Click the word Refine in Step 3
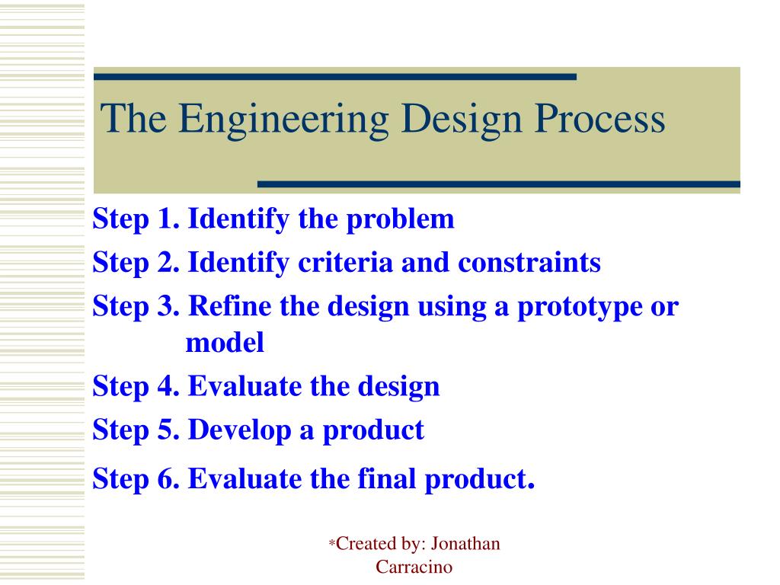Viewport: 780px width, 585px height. [x=229, y=307]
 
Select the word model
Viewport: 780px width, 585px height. [x=225, y=344]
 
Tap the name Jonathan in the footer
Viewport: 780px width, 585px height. [x=465, y=544]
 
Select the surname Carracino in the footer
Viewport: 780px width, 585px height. [x=414, y=567]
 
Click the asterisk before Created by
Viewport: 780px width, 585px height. [x=332, y=543]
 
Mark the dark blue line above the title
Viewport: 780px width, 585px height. [x=334, y=76]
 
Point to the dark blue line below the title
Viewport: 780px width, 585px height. [x=499, y=184]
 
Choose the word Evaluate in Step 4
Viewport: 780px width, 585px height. [x=245, y=387]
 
